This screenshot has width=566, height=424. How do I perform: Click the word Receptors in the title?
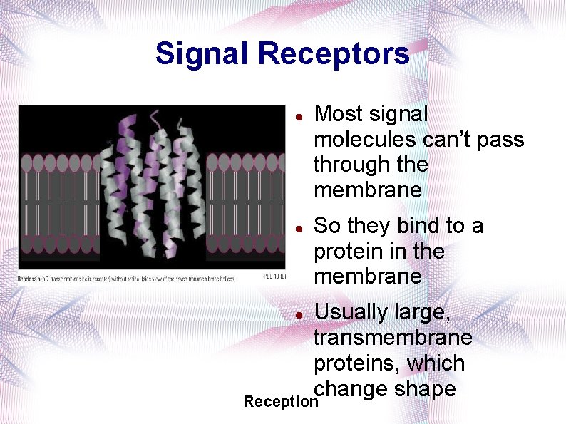pos(334,53)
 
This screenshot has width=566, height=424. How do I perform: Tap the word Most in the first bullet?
pos(339,114)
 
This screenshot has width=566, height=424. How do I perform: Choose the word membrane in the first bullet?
pos(368,191)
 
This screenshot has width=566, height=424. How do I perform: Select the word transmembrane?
pos(393,338)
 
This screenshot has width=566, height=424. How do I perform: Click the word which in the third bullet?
pos(436,363)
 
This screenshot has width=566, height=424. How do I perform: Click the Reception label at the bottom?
pos(280,402)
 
